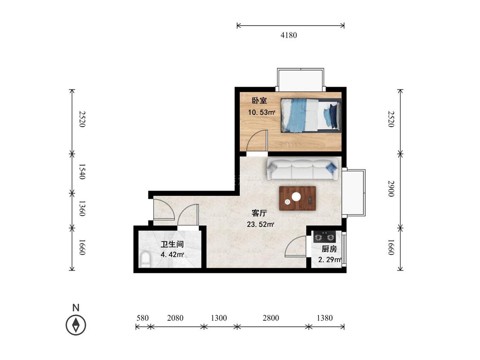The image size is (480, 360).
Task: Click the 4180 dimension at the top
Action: (x=289, y=35)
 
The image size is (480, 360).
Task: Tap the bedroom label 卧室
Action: (x=259, y=100)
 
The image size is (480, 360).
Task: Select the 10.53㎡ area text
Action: (x=262, y=112)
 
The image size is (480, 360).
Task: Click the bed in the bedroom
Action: (x=311, y=116)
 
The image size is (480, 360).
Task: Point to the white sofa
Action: (x=303, y=168)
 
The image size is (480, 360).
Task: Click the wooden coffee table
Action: (x=297, y=198)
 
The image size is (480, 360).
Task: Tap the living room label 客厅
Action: (x=259, y=213)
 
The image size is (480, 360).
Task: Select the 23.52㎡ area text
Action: (x=261, y=224)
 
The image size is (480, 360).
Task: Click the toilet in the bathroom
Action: (x=145, y=260)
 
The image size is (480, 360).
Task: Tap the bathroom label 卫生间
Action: (x=172, y=244)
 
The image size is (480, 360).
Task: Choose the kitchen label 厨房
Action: (x=329, y=249)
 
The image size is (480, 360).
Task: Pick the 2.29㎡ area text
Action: (x=330, y=260)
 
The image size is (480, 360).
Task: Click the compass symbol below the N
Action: (x=76, y=325)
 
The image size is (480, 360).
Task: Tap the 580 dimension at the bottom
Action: (x=143, y=318)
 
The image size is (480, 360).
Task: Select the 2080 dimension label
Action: (x=175, y=318)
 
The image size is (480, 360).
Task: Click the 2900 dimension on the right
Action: (x=391, y=189)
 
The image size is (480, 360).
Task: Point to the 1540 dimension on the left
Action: (x=82, y=171)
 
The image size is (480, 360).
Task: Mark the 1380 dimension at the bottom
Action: (x=325, y=318)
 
